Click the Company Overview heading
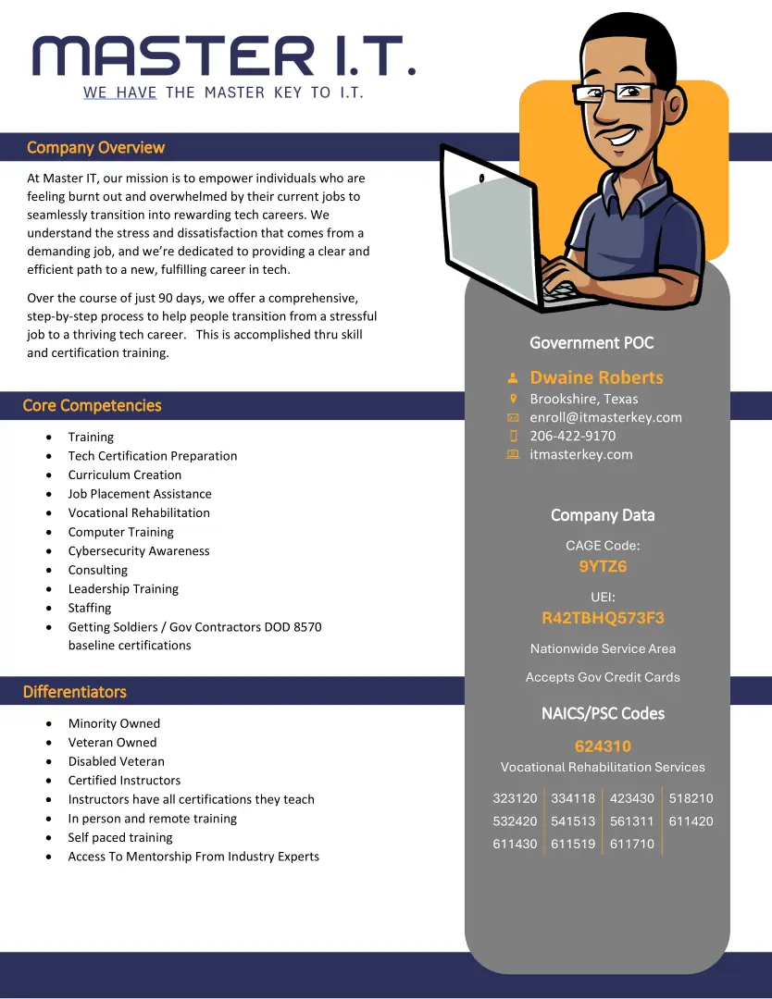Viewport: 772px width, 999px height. tap(95, 148)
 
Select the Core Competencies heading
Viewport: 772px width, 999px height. tap(92, 406)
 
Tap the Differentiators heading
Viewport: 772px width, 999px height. tap(74, 692)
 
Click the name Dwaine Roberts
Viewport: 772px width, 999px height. tap(596, 377)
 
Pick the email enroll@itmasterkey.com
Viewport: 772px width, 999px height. tap(605, 417)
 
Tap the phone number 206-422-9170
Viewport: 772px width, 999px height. tap(572, 436)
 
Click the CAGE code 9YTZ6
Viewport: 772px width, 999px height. tap(603, 567)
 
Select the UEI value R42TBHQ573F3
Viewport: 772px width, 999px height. tap(603, 618)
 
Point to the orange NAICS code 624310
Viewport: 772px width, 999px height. tap(603, 746)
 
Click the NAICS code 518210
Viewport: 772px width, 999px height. tap(691, 798)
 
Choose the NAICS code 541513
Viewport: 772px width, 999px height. tap(573, 821)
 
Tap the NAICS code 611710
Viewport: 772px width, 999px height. tap(631, 844)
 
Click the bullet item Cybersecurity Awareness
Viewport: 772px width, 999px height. tap(139, 551)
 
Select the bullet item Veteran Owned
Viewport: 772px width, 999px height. tap(112, 743)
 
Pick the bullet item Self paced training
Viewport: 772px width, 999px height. tap(120, 838)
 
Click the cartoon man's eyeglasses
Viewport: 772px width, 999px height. tap(615, 92)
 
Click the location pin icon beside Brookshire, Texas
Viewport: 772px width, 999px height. tap(513, 399)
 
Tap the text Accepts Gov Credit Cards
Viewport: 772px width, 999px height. tap(603, 677)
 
